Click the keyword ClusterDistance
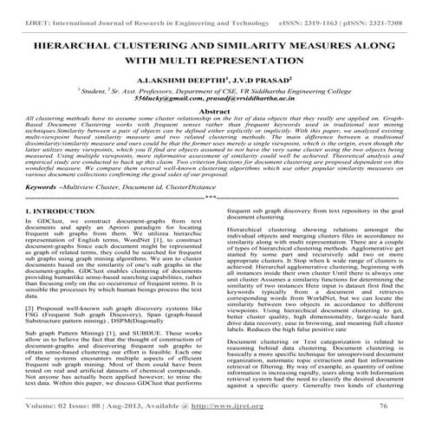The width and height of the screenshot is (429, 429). (214, 185)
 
